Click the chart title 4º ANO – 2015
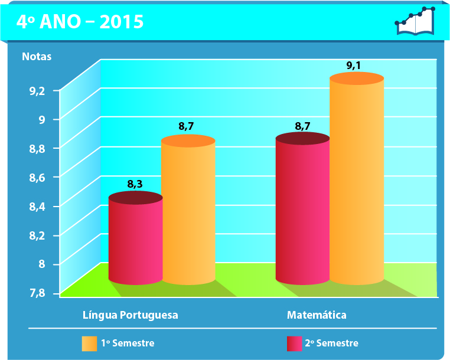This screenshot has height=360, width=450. click(80, 22)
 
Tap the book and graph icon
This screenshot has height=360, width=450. click(415, 21)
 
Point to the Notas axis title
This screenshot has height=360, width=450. click(37, 57)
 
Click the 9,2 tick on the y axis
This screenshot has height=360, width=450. click(37, 90)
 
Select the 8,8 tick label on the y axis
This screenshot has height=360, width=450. click(37, 148)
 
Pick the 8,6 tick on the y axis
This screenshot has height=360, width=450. click(37, 177)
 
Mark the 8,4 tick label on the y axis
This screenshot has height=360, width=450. click(37, 206)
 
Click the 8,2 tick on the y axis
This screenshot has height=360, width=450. click(37, 235)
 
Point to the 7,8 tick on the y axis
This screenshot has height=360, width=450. click(37, 293)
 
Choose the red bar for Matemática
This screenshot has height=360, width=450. click(302, 210)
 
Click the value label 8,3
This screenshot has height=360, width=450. click(135, 184)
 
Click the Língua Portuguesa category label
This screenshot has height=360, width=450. click(130, 315)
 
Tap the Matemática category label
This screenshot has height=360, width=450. click(317, 315)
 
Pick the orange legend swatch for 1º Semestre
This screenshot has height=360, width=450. click(89, 343)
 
